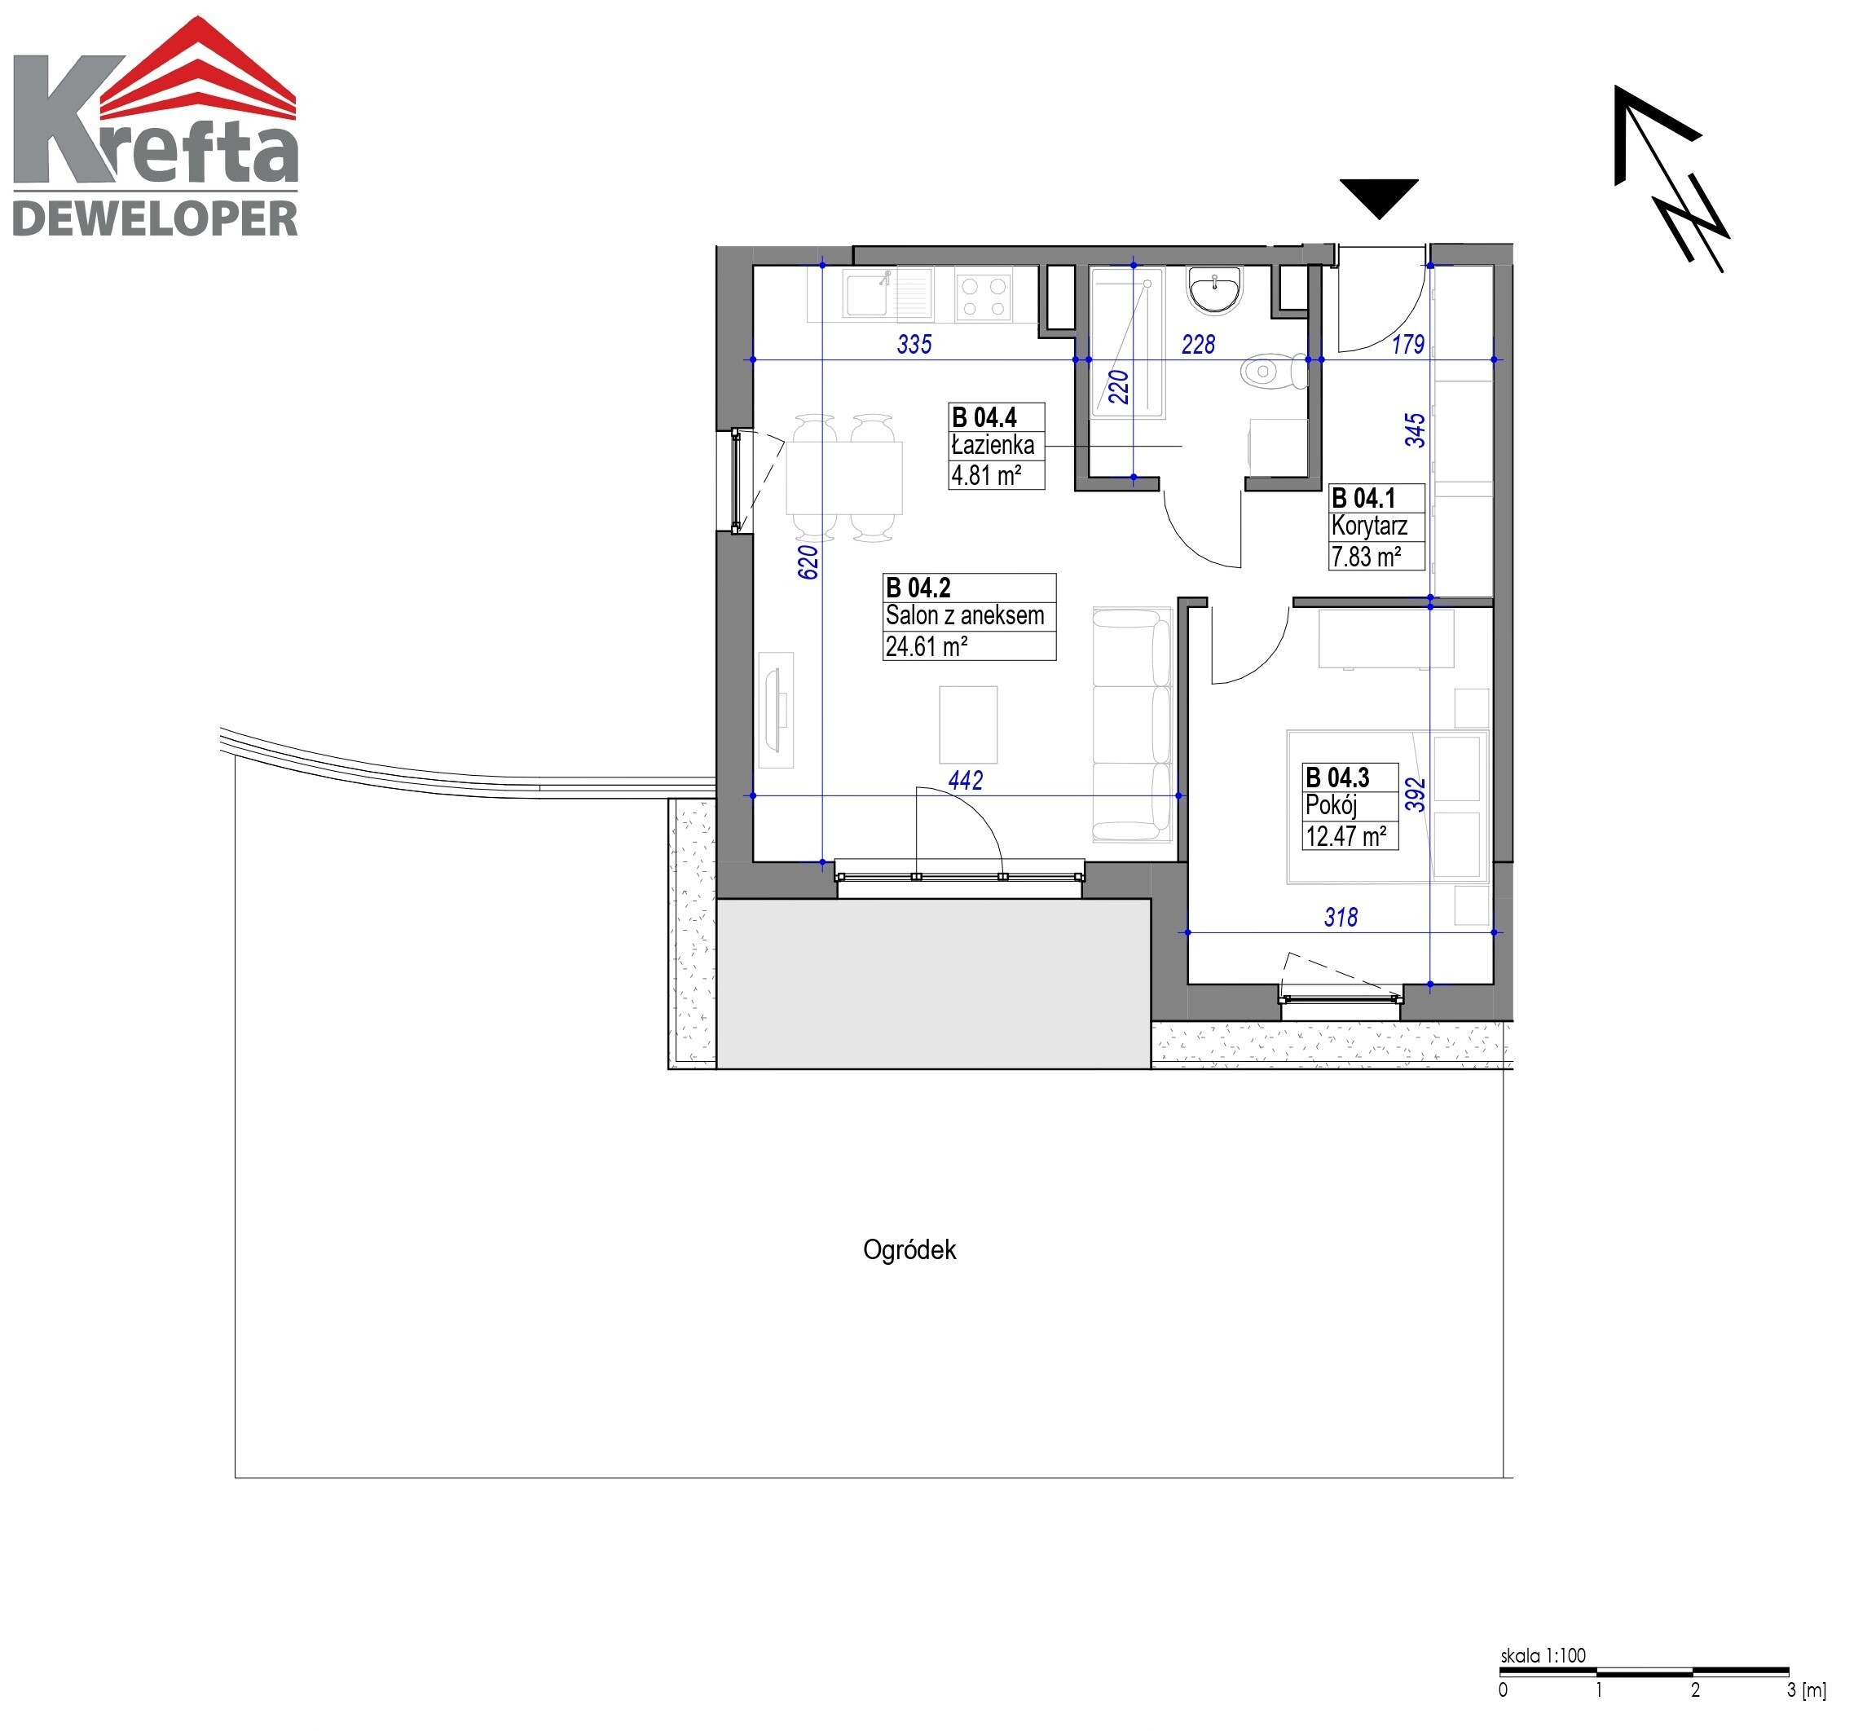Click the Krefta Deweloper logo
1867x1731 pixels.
pyautogui.click(x=156, y=126)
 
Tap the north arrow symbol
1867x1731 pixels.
pyautogui.click(x=1671, y=178)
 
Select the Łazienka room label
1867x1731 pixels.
pyautogui.click(x=993, y=445)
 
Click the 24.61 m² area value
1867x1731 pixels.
pyautogui.click(x=927, y=645)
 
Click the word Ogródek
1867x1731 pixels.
pyautogui.click(x=909, y=1250)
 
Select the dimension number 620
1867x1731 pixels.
pyautogui.click(x=808, y=562)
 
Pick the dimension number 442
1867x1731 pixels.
pyautogui.click(x=966, y=780)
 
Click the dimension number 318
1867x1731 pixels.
pyautogui.click(x=1341, y=917)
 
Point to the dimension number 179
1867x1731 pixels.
pyautogui.click(x=1408, y=345)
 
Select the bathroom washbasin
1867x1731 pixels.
pyautogui.click(x=1215, y=289)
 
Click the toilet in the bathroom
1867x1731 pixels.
pyautogui.click(x=1274, y=372)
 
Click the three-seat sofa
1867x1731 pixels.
pyautogui.click(x=1133, y=724)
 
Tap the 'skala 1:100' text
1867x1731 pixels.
pyautogui.click(x=1543, y=1655)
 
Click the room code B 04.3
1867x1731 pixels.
pyautogui.click(x=1338, y=777)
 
